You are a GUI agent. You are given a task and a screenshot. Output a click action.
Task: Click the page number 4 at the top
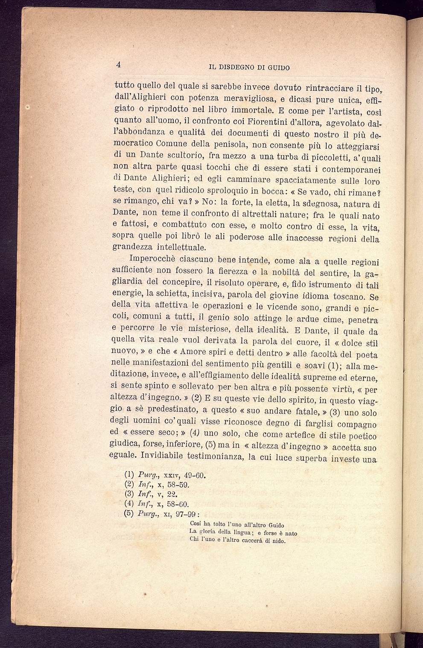(x=119, y=65)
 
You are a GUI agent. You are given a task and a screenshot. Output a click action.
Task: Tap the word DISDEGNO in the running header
(x=239, y=67)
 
